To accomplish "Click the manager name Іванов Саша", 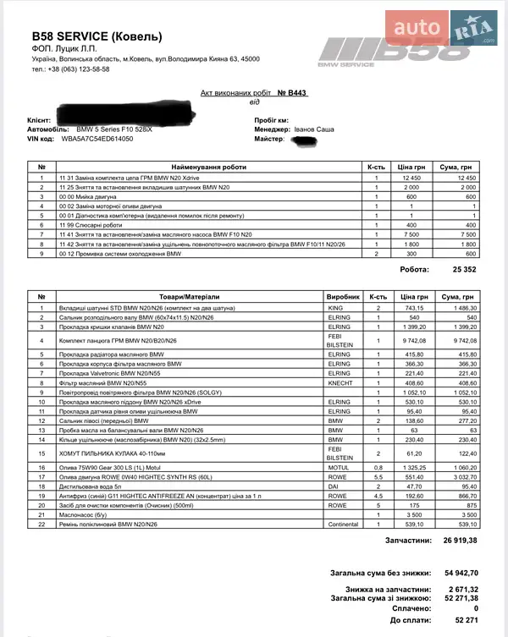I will click(x=314, y=129).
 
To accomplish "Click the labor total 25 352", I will click(x=464, y=270).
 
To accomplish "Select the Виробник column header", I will click(x=343, y=297).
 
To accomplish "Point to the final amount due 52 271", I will click(x=467, y=619).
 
